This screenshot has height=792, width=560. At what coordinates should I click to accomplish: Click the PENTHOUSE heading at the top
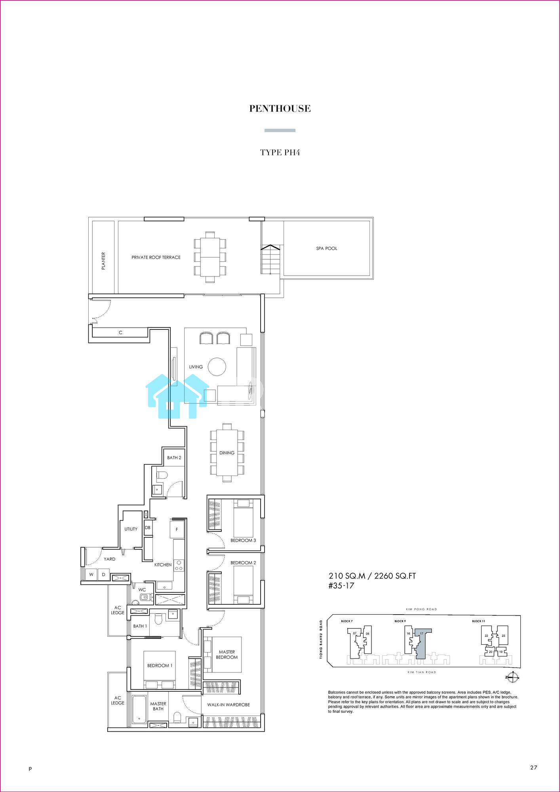click(x=280, y=109)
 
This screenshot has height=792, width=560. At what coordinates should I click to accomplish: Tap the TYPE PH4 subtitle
click(x=280, y=152)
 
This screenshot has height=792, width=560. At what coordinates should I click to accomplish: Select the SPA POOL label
click(x=327, y=248)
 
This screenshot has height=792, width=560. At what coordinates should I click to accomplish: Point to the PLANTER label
click(x=103, y=261)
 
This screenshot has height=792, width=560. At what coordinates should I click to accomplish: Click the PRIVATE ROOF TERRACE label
click(x=156, y=257)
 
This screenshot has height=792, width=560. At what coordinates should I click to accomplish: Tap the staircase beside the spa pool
click(x=270, y=259)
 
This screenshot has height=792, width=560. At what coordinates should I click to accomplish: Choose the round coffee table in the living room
click(x=217, y=366)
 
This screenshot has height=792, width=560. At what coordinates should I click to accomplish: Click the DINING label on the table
click(x=227, y=453)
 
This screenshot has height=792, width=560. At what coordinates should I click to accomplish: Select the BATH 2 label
click(x=174, y=458)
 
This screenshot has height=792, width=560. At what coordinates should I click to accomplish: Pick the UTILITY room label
click(x=131, y=529)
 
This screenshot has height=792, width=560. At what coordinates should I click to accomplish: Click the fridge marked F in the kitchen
click(x=177, y=529)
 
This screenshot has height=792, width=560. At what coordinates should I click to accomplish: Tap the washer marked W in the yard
click(x=91, y=575)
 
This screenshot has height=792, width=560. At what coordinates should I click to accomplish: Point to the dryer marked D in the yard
click(x=104, y=575)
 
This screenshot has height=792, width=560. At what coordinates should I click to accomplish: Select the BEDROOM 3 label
click(x=243, y=541)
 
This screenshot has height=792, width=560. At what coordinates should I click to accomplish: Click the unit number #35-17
click(x=341, y=586)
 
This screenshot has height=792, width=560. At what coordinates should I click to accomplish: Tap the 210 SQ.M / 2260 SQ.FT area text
click(x=372, y=576)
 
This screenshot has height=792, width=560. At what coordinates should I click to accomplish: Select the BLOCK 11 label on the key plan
click(x=478, y=621)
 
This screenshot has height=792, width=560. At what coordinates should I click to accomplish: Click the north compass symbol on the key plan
click(x=512, y=678)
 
